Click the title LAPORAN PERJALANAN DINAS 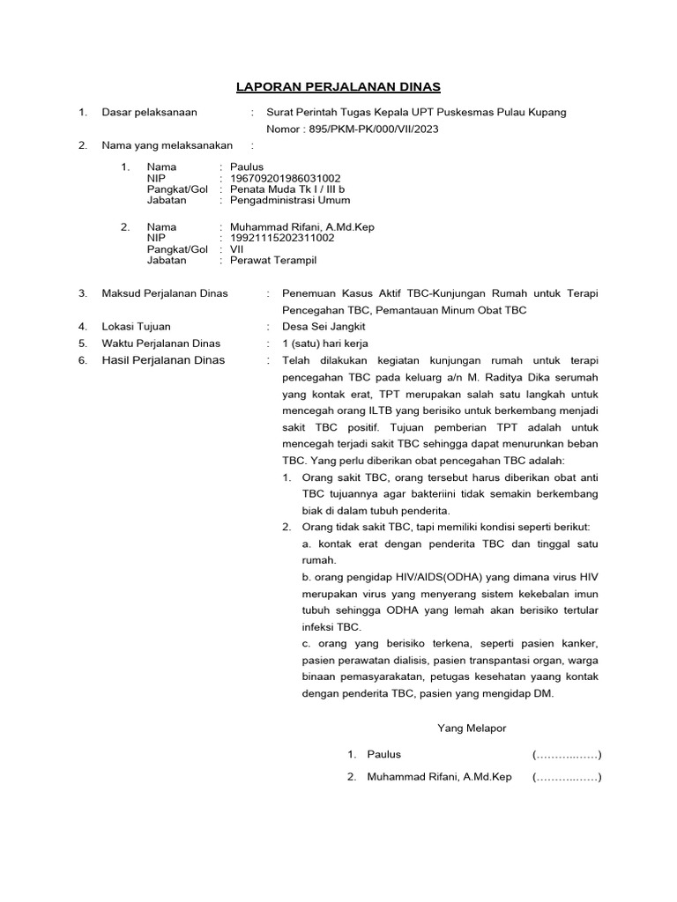[x=338, y=86]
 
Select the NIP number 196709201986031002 [x=286, y=177]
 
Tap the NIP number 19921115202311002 [x=282, y=238]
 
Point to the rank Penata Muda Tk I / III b [x=287, y=189]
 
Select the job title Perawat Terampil [x=272, y=261]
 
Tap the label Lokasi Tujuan [x=137, y=326]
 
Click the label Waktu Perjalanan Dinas [x=161, y=343]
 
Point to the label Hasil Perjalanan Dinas [x=163, y=359]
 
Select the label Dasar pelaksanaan [x=150, y=112]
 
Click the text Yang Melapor [x=472, y=728]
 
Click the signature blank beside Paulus [x=566, y=755]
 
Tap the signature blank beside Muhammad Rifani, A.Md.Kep [x=566, y=778]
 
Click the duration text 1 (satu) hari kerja [x=324, y=343]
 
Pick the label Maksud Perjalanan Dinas [x=165, y=292]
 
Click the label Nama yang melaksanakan [x=167, y=145]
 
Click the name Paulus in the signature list [x=384, y=755]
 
